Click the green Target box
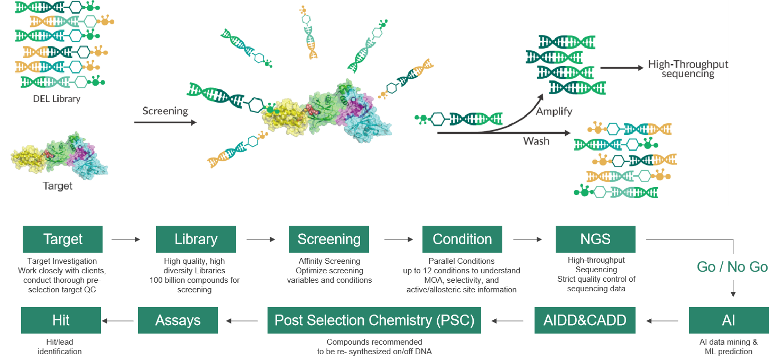coord(62,239)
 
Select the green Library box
coord(196,239)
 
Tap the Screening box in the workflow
coord(329,239)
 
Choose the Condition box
coord(462,239)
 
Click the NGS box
coord(595,239)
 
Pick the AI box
coord(729,320)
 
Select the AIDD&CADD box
coord(585,320)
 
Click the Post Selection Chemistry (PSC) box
coord(374,320)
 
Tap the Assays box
coord(178,320)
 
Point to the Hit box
coord(61,320)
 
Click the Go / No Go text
coord(732,267)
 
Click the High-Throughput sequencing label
coord(688,69)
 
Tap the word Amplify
coord(554,112)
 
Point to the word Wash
coord(536,141)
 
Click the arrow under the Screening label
coord(165,123)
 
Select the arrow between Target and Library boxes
coord(126,239)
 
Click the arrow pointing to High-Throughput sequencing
coord(621,68)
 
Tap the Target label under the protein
coord(58,186)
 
